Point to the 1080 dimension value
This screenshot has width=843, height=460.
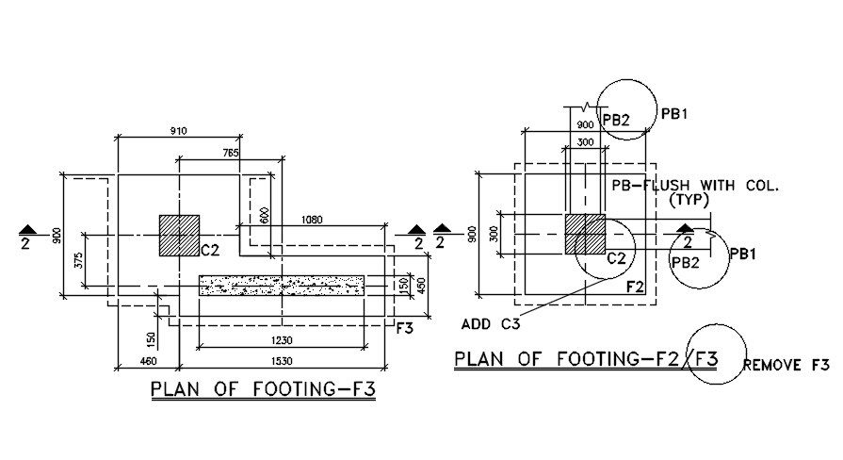coord(313,219)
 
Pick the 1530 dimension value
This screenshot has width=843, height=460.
coord(282,361)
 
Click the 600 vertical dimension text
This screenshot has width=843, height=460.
coord(266,216)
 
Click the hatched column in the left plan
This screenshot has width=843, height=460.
coord(179,235)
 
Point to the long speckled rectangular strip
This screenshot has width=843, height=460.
coord(282,285)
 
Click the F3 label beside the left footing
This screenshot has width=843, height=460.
coord(405,328)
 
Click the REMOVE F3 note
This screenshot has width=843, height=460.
coord(786,365)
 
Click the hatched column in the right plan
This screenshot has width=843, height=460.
coord(584,234)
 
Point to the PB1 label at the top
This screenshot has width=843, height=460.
coord(674,114)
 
